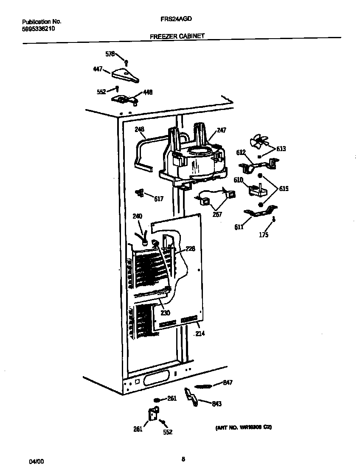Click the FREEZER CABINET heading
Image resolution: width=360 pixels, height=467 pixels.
point(177,37)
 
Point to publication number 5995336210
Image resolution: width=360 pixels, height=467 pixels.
point(38,29)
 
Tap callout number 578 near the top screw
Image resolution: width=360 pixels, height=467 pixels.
point(110,54)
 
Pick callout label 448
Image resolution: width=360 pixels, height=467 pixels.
point(147,92)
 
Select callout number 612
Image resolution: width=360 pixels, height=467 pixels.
point(241,152)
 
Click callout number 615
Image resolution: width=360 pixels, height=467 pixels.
point(283,188)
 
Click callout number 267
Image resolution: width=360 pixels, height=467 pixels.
point(217,214)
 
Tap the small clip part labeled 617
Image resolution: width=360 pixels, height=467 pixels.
point(139,193)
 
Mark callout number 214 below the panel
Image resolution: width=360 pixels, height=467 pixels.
point(199,334)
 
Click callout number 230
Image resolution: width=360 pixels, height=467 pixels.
point(165,313)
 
